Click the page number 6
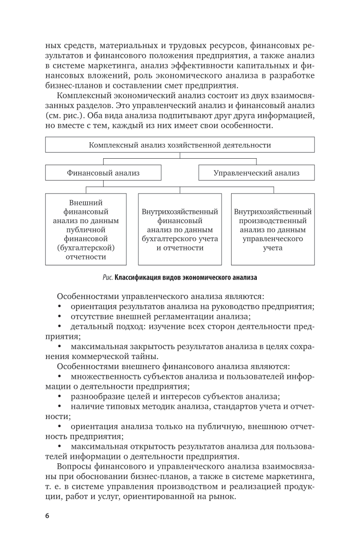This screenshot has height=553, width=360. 47,515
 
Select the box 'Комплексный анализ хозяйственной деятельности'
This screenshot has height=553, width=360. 180,145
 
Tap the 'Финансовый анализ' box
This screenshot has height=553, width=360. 103,173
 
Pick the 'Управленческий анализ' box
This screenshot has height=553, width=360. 256,173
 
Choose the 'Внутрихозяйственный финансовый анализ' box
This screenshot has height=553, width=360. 180,229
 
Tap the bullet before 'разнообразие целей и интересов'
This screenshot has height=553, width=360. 60,396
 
